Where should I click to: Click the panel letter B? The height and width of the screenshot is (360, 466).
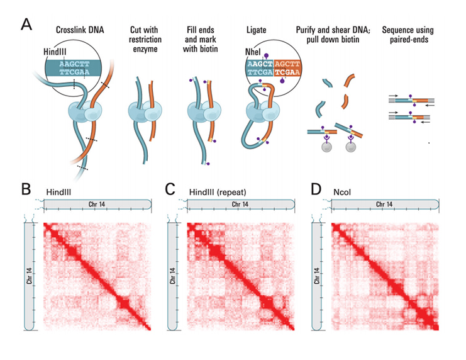tap(26, 188)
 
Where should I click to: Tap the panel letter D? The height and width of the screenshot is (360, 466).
tap(316, 188)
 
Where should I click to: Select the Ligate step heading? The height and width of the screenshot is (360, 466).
tap(259, 30)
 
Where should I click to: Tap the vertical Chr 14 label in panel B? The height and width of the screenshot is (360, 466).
tap(30, 276)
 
